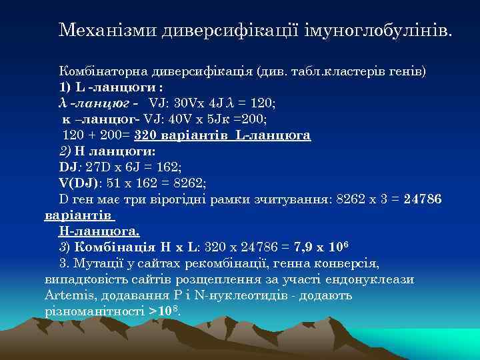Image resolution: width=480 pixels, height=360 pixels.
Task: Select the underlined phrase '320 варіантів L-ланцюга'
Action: coord(223,135)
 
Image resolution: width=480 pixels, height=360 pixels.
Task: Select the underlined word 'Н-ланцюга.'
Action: coord(99,231)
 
